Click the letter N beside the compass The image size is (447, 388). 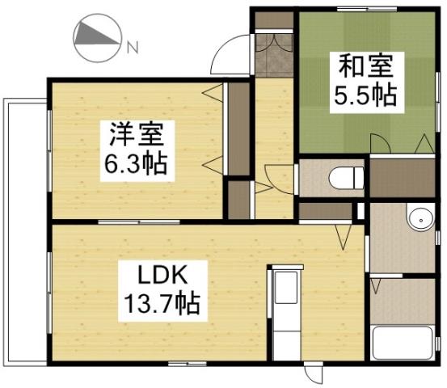coord(132,48)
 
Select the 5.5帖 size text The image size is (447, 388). coord(365,95)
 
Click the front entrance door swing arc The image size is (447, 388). coord(226,53)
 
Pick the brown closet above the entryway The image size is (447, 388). coord(273,19)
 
